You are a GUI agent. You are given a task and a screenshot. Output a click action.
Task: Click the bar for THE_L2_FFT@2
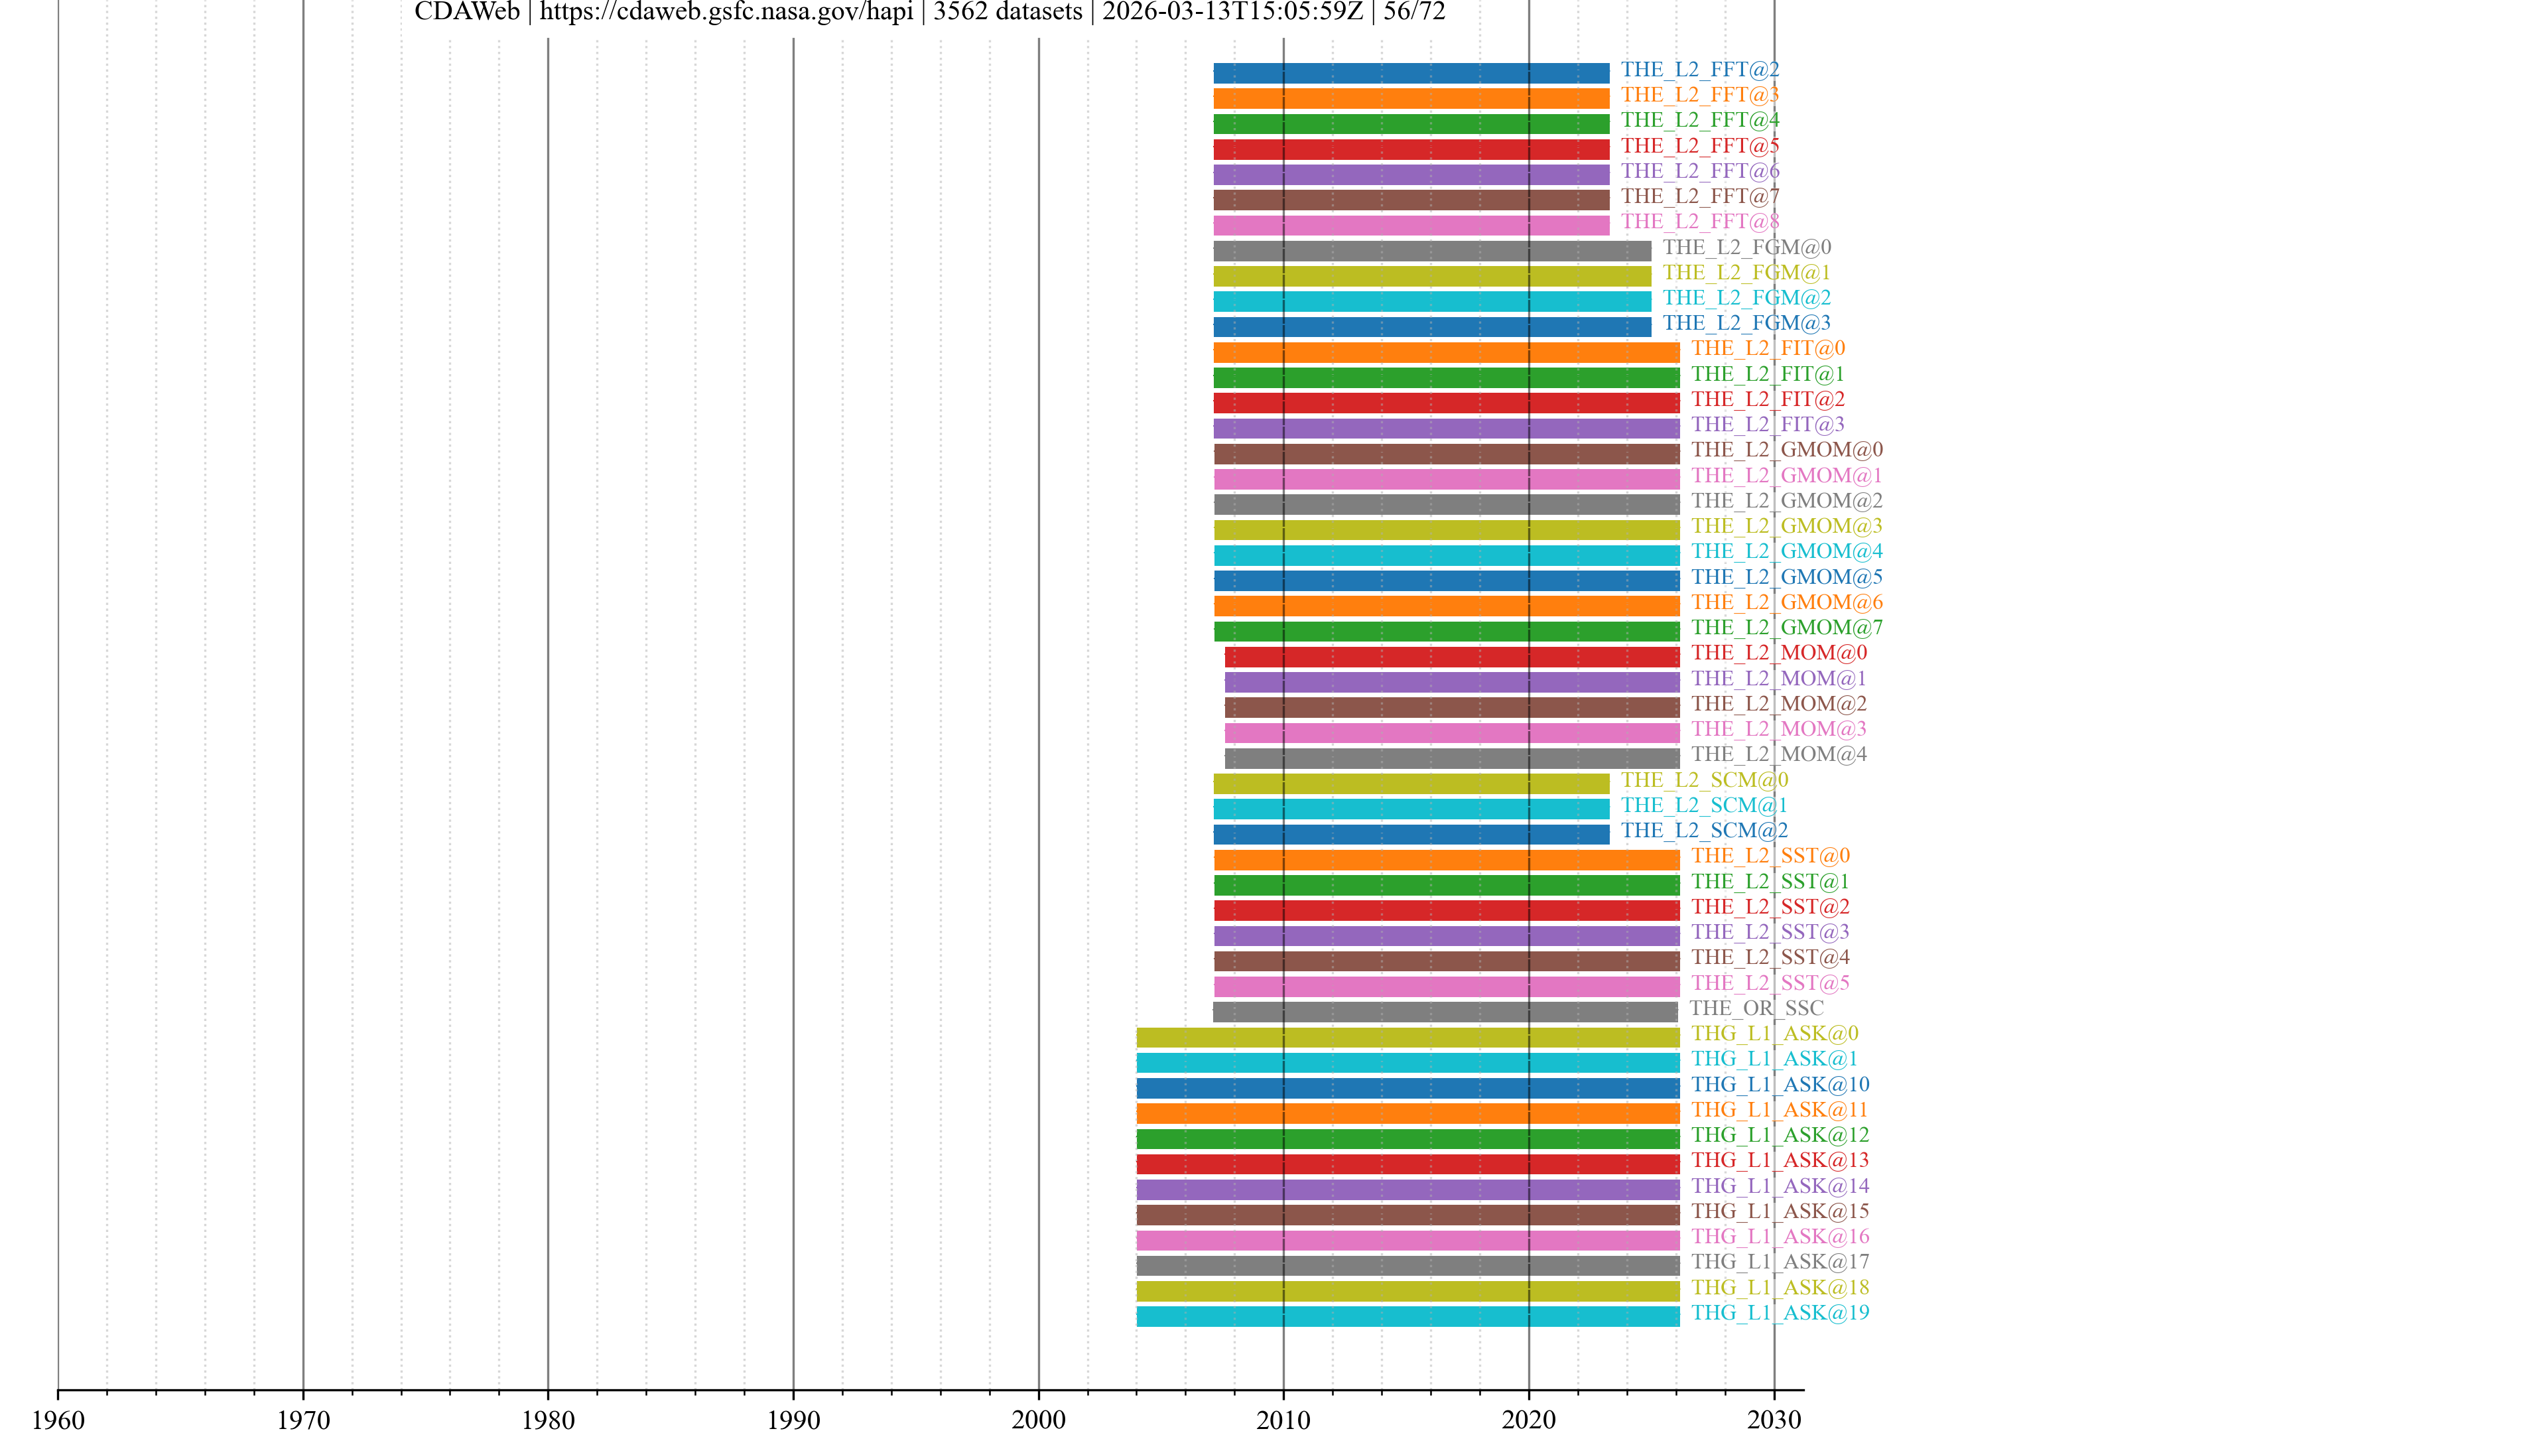click(1411, 73)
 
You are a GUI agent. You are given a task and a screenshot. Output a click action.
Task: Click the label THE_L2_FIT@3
click(1767, 425)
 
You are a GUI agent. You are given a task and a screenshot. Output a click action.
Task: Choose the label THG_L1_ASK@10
click(1780, 1085)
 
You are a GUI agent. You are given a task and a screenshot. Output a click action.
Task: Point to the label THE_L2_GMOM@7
click(1787, 627)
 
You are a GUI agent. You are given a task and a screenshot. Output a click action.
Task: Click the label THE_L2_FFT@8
click(1699, 222)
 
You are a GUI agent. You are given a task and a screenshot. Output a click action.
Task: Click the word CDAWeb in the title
click(467, 12)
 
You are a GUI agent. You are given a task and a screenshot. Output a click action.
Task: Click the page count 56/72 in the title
click(1414, 12)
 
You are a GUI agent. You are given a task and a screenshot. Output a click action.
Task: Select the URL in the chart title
click(726, 12)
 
